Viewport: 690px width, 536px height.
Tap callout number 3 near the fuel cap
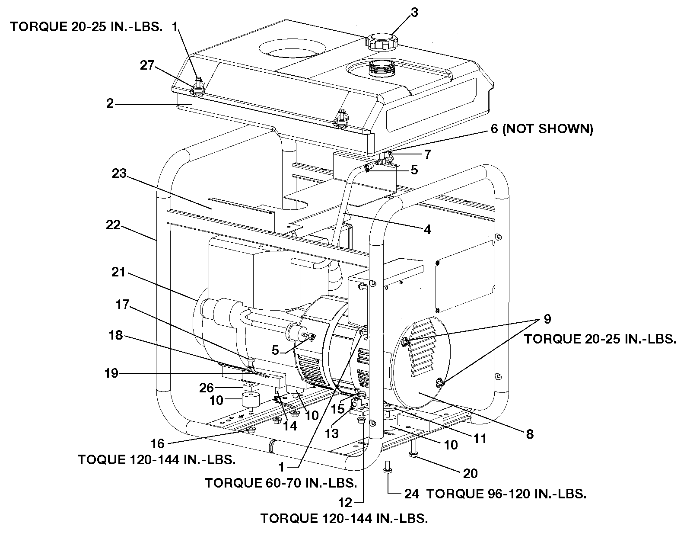point(414,13)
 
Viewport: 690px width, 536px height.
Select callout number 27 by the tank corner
point(147,65)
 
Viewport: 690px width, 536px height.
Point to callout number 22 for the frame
point(113,225)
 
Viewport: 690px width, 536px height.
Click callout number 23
point(119,174)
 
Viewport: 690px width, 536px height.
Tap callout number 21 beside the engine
point(118,272)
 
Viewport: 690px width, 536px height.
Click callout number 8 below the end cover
point(530,433)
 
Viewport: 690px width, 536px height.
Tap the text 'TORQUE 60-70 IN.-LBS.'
point(281,483)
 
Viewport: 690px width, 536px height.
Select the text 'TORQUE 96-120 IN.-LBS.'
point(506,494)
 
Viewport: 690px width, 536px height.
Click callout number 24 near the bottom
point(411,494)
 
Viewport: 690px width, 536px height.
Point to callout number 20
point(470,473)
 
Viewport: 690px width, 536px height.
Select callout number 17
point(123,305)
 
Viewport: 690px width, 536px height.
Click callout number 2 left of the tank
point(110,104)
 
